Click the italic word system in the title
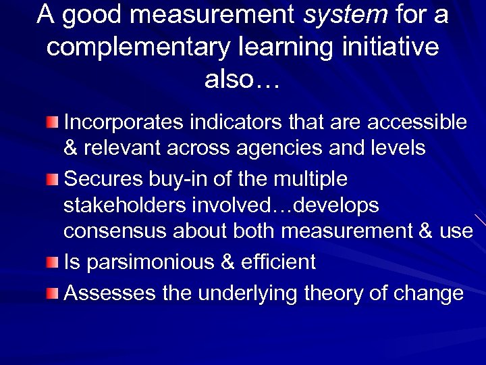point(346,15)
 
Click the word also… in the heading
point(242,80)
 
